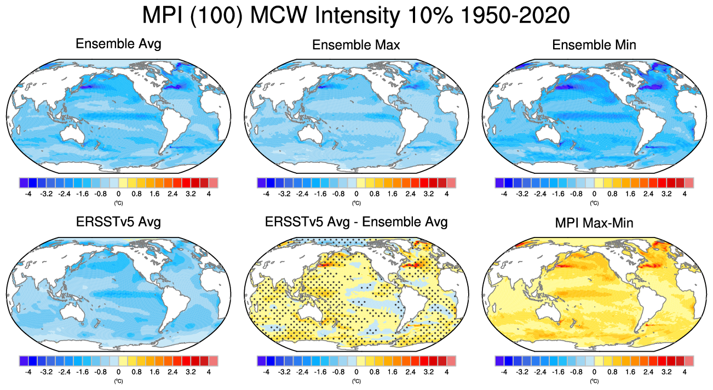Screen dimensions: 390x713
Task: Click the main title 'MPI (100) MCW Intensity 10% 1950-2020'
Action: (356, 15)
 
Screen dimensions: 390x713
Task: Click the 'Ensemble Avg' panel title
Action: (118, 44)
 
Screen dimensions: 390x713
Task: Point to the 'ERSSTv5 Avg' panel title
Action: (118, 222)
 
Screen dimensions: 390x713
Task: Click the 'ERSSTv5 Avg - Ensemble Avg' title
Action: (356, 222)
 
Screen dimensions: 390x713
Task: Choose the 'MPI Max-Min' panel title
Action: (594, 222)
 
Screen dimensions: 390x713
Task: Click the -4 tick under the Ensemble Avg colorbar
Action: (28, 194)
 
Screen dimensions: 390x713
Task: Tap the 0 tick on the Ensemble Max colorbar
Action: (356, 194)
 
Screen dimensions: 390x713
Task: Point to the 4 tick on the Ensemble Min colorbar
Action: (685, 194)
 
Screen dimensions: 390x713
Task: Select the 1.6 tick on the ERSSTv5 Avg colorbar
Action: (154, 371)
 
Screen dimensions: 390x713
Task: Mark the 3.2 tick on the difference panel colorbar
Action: (429, 371)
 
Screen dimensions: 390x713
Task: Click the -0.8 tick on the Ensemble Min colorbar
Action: (576, 194)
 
